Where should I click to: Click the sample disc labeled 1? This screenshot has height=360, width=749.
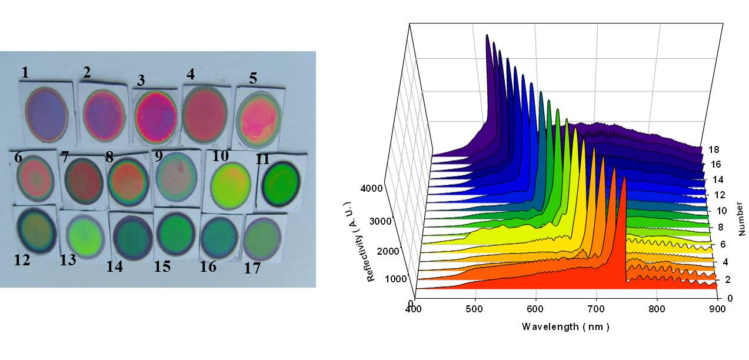pos(46,113)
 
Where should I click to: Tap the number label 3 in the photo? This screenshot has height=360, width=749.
pos(141,80)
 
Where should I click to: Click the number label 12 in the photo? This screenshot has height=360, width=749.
pos(22,259)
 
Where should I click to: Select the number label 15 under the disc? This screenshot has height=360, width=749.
pos(162,266)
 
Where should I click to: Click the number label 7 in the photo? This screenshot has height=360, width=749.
pos(64,158)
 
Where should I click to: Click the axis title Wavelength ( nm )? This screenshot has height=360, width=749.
pos(565,326)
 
